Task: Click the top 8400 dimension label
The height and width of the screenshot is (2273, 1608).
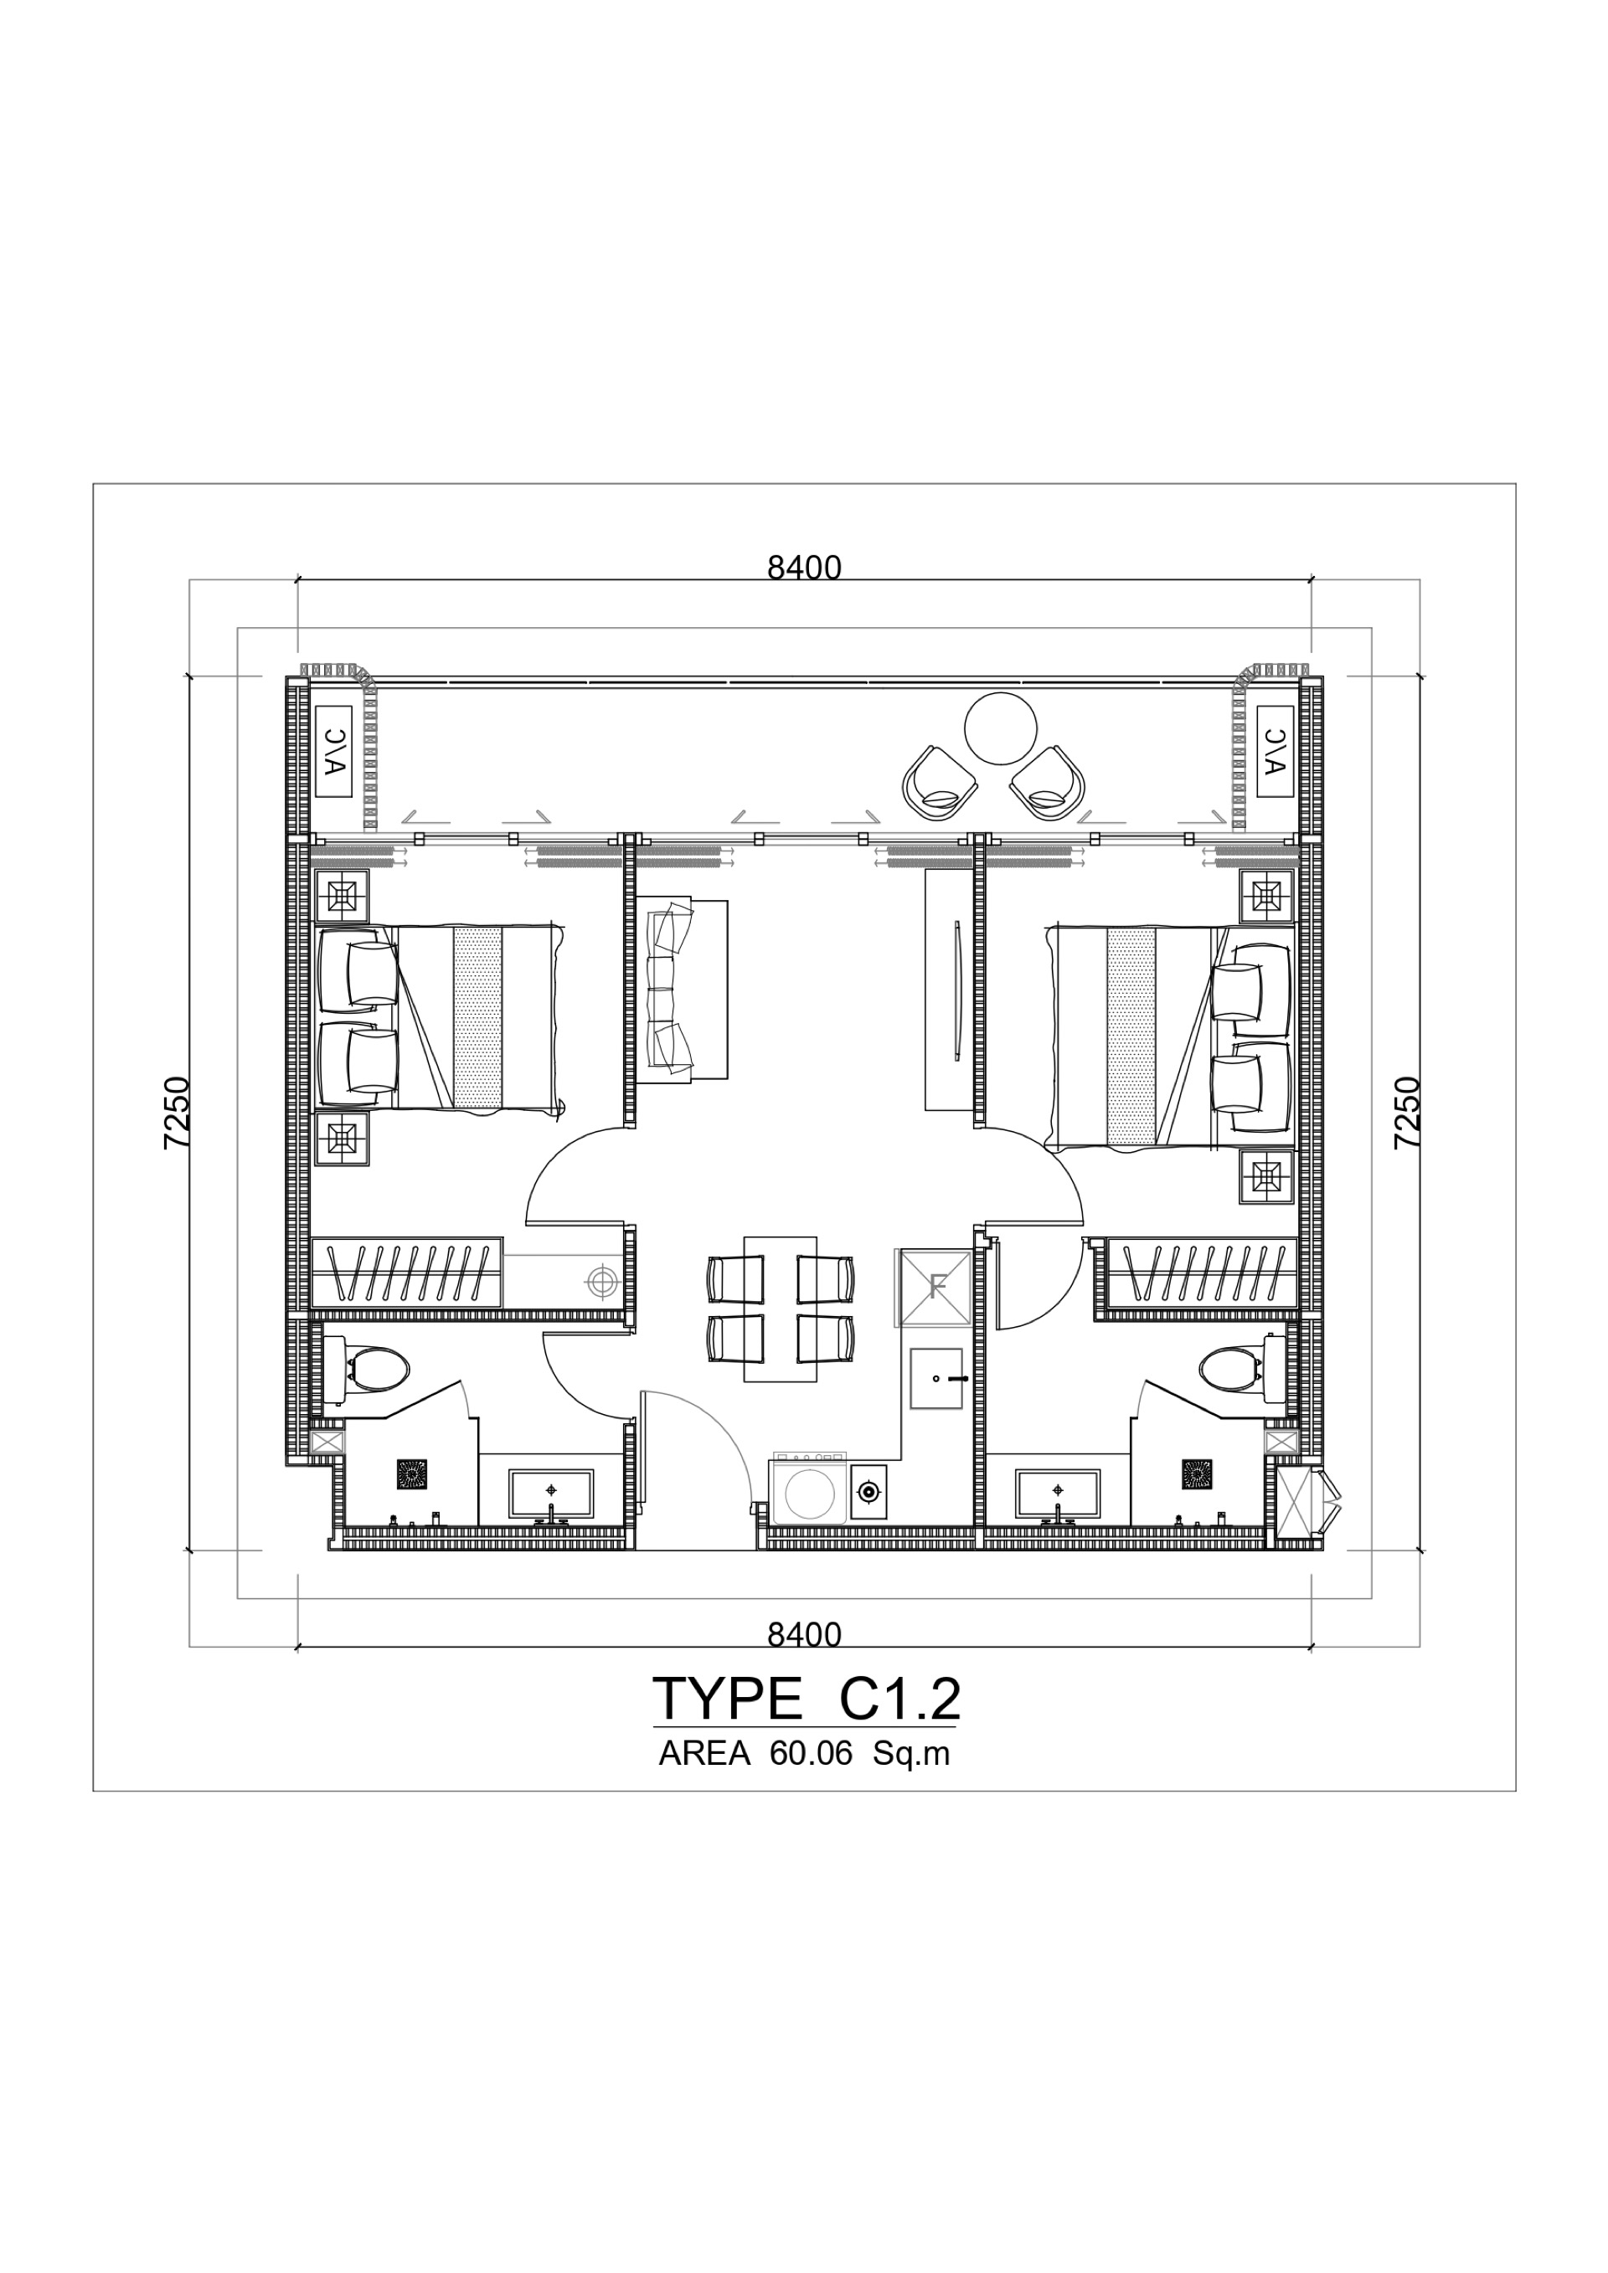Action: click(804, 568)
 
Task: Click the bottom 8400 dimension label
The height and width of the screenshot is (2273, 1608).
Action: click(804, 1634)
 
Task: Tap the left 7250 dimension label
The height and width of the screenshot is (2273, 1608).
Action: click(178, 1113)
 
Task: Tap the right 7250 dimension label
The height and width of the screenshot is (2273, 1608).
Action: click(1406, 1113)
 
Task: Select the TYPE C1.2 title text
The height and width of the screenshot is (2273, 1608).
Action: click(806, 1699)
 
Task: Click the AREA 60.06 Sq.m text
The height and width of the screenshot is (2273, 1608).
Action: click(804, 1753)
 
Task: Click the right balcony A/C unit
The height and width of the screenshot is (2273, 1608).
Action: click(1276, 753)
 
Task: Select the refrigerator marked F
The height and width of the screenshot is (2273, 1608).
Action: click(935, 1288)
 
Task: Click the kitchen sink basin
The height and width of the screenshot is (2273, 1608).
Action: click(935, 1378)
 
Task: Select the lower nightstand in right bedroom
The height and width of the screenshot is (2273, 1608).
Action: click(1266, 1177)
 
